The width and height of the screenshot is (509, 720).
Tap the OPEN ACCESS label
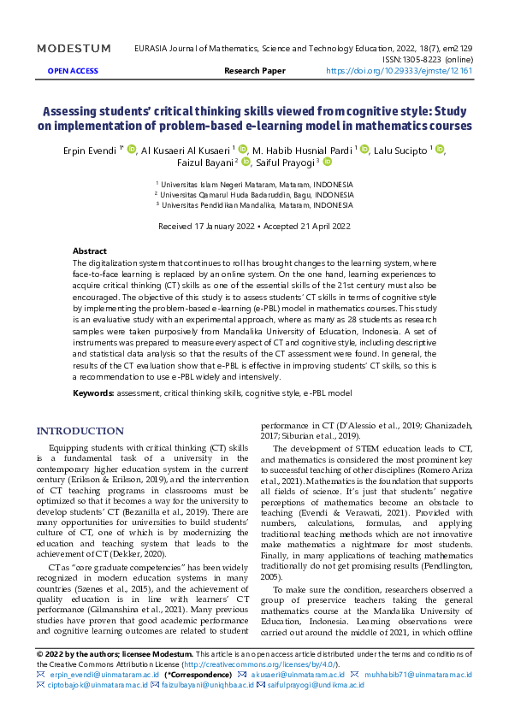[x=72, y=72]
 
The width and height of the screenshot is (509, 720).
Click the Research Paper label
[x=254, y=72]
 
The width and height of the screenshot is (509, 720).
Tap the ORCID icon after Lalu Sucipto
[x=440, y=150]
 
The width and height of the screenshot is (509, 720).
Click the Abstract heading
[x=90, y=251]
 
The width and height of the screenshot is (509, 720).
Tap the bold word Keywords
[x=93, y=392]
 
